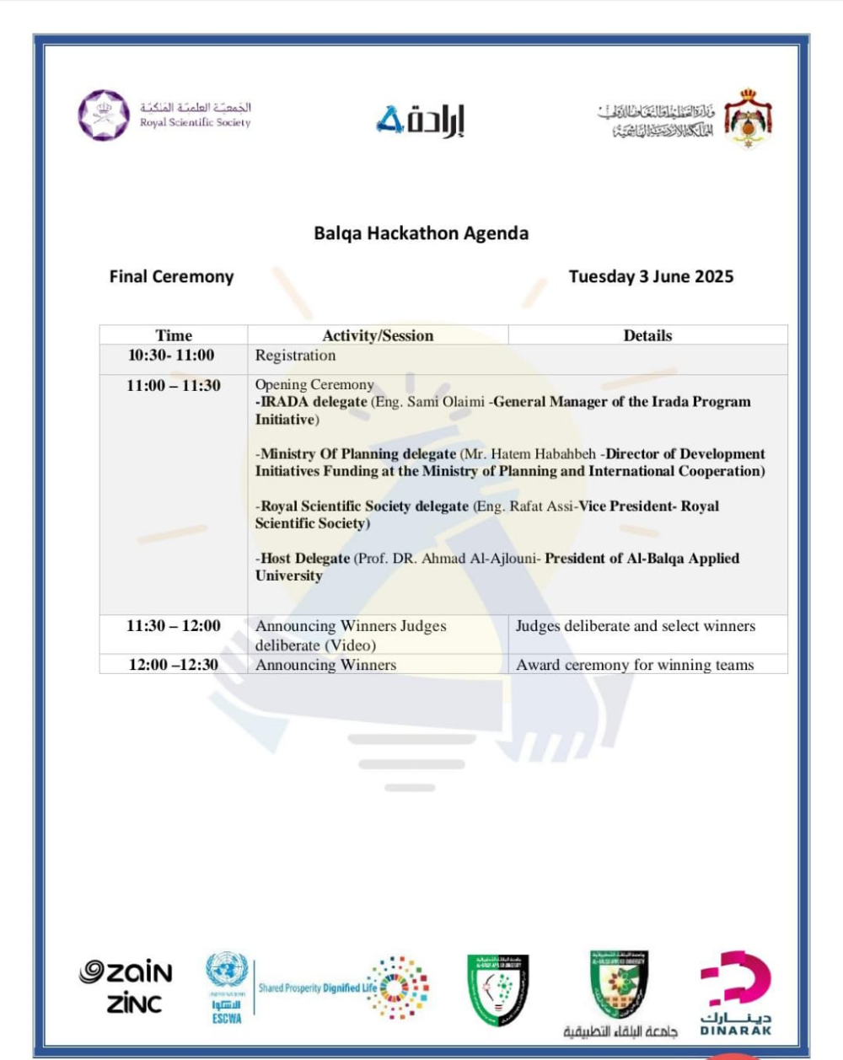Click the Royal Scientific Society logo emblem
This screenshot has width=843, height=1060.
(x=105, y=115)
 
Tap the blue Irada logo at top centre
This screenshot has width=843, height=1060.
(x=420, y=120)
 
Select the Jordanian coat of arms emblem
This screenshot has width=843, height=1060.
(x=748, y=118)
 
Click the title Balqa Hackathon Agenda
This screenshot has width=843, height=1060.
(x=421, y=233)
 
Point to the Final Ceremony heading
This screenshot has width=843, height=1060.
(x=171, y=276)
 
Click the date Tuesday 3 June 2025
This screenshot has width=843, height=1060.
(x=651, y=276)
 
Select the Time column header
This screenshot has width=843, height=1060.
(x=174, y=335)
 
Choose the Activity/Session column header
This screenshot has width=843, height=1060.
(x=378, y=335)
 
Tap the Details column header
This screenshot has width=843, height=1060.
(x=647, y=335)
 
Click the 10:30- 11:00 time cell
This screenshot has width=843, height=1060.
(x=171, y=356)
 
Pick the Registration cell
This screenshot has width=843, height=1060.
(x=295, y=356)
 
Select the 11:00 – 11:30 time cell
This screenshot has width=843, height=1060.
(x=174, y=386)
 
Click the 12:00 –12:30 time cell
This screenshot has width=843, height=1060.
(x=174, y=665)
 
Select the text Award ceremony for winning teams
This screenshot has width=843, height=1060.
(x=635, y=665)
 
